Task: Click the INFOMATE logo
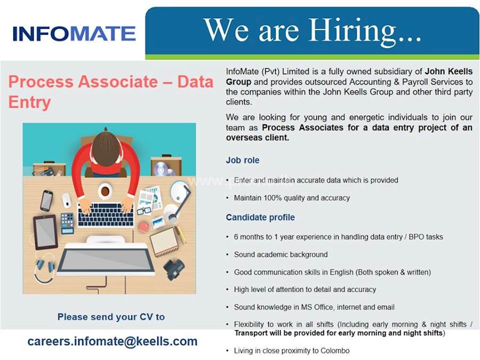click(x=74, y=33)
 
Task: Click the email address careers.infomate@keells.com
click(x=113, y=341)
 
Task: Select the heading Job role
click(x=243, y=160)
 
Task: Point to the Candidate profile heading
click(x=260, y=218)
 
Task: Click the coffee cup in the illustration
click(x=105, y=190)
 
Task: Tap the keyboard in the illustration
click(x=106, y=215)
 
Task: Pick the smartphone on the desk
click(x=47, y=200)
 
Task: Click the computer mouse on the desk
click(x=67, y=200)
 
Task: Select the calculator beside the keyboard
click(x=68, y=222)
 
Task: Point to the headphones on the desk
click(x=44, y=269)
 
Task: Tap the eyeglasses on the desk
click(x=143, y=210)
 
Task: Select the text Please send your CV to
click(x=111, y=317)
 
